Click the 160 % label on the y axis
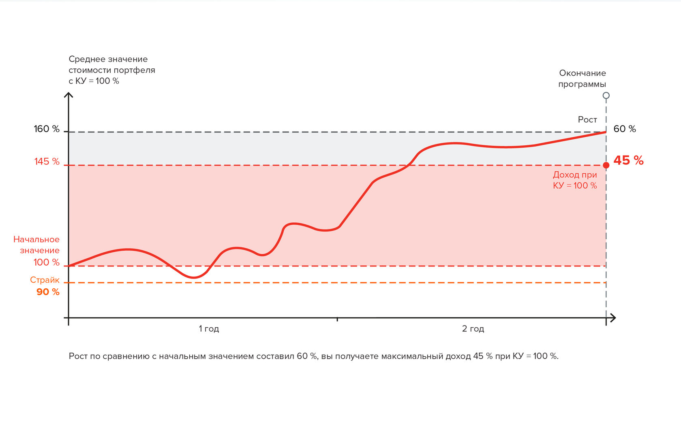click(x=46, y=129)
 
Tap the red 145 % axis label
click(x=47, y=162)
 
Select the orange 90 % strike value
click(x=48, y=292)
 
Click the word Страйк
click(x=45, y=280)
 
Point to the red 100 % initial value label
click(x=46, y=262)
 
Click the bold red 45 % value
click(x=628, y=160)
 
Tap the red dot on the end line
click(x=606, y=165)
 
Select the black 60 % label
click(x=625, y=129)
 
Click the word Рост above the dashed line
click(x=587, y=120)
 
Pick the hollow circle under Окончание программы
click(x=606, y=96)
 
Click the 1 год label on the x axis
click(x=209, y=329)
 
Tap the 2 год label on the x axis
click(x=473, y=329)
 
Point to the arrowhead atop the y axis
click(x=69, y=95)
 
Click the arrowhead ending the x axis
click(x=613, y=318)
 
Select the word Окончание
click(x=582, y=73)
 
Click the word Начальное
click(x=36, y=240)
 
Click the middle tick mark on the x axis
click(x=337, y=319)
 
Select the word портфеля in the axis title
click(x=135, y=70)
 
